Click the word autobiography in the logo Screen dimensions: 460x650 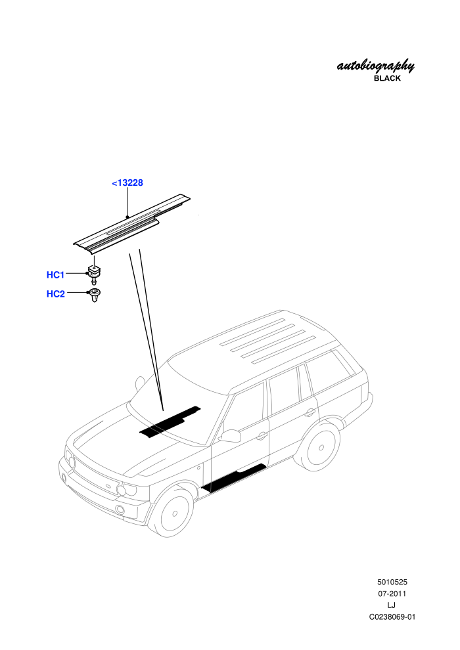(x=375, y=66)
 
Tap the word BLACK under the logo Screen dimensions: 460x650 (x=387, y=78)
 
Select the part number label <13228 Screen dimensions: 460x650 (x=127, y=183)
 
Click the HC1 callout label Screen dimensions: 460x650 (x=56, y=275)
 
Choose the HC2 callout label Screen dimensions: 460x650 (x=56, y=294)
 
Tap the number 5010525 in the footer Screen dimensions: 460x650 (x=392, y=582)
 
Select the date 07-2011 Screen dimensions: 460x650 (x=392, y=594)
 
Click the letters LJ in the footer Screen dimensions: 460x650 (x=392, y=605)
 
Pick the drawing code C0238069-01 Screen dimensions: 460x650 (x=392, y=617)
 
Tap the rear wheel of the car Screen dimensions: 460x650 (x=321, y=447)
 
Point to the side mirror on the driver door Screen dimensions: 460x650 (x=230, y=435)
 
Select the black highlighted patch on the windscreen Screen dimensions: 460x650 (x=170, y=422)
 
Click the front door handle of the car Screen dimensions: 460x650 (x=262, y=436)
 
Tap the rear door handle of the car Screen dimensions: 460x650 (x=310, y=412)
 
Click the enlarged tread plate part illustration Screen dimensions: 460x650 (x=132, y=223)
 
